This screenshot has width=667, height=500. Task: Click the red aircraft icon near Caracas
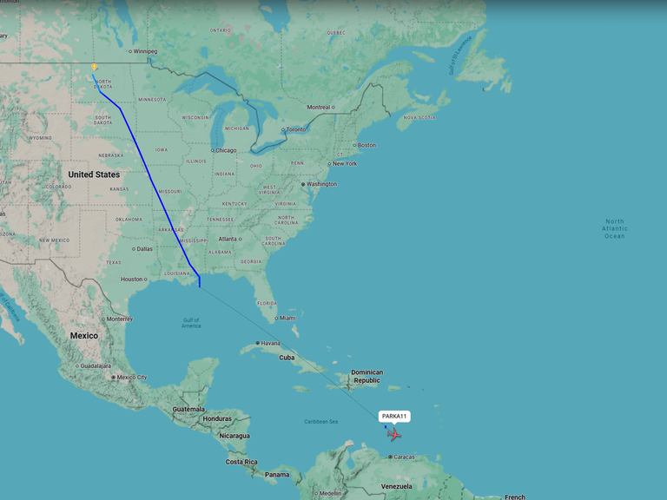(x=395, y=434)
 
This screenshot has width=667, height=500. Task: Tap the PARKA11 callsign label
(x=394, y=417)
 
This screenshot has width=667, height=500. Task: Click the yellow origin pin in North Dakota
(x=94, y=67)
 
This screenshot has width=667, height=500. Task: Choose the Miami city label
(x=287, y=318)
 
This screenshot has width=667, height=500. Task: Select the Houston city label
(x=131, y=280)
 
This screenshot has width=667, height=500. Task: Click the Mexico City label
(x=131, y=378)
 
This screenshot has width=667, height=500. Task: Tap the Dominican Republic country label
(x=367, y=377)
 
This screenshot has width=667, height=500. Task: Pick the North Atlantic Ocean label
(x=614, y=228)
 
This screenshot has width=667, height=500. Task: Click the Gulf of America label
(x=191, y=323)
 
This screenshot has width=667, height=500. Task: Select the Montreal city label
(x=319, y=107)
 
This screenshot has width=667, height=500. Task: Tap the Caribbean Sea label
(x=320, y=422)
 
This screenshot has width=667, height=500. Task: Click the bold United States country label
(x=94, y=174)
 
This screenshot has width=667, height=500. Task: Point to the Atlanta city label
(x=228, y=239)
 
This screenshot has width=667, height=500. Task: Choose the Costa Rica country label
(x=240, y=462)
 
